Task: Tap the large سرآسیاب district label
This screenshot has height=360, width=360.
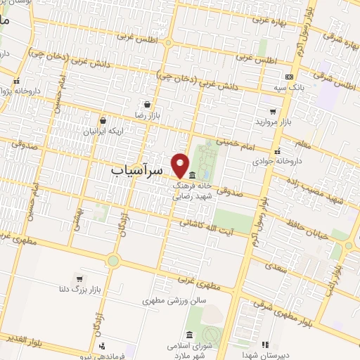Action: pos(137,170)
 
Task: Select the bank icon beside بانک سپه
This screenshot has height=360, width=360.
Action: pos(289,77)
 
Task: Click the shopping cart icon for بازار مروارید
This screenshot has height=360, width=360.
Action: pos(273,112)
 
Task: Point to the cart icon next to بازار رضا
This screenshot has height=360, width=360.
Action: pos(146,103)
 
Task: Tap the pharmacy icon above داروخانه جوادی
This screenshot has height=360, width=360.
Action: pos(278,150)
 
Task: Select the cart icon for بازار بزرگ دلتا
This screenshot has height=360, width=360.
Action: pos(78,277)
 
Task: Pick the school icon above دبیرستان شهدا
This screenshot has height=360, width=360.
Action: pos(265,344)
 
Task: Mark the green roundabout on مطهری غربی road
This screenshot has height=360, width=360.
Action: pos(112,262)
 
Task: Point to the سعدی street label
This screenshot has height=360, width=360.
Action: pos(278,268)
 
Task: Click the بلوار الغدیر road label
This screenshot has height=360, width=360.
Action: pos(24,341)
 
